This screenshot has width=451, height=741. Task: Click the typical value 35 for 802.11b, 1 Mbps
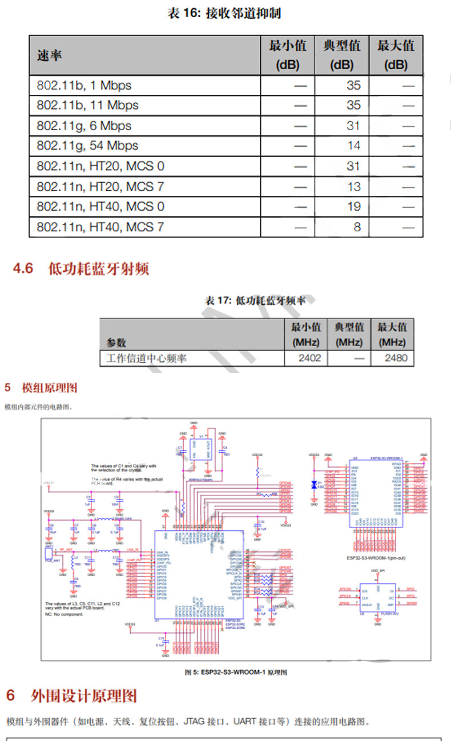tap(353, 86)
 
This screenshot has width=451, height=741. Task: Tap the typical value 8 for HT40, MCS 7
tap(357, 227)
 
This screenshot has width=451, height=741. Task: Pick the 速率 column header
tap(50, 55)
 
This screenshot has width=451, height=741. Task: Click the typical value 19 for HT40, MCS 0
tap(353, 206)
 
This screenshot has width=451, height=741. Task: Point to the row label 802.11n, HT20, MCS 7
tap(100, 186)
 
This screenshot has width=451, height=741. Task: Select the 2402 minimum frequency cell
tap(309, 358)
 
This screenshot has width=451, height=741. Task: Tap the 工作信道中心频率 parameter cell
tap(147, 358)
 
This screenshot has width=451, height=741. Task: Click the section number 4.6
tap(23, 268)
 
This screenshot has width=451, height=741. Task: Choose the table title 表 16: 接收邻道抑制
tap(224, 13)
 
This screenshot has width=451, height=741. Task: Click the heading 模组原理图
tap(49, 388)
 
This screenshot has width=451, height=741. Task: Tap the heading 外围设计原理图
tap(84, 696)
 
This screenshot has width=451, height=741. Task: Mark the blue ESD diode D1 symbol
tap(313, 485)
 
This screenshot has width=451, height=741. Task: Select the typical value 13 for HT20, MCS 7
tap(353, 186)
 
